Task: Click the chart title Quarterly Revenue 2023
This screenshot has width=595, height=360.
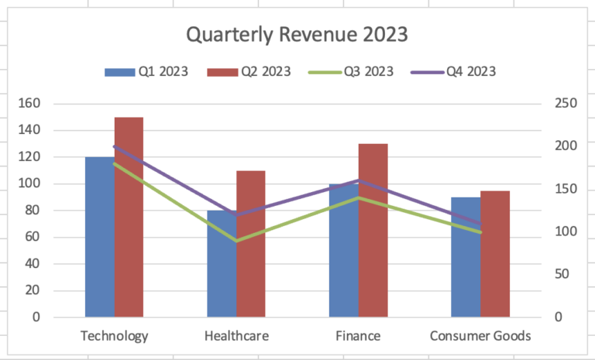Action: click(297, 35)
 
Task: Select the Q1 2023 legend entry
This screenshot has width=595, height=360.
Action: click(146, 72)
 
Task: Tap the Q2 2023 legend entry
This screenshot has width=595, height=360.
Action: click(249, 72)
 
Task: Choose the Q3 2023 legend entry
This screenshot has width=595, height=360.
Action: click(351, 72)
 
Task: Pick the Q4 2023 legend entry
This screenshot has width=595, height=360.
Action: click(453, 72)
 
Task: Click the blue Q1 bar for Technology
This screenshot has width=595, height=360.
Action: click(100, 237)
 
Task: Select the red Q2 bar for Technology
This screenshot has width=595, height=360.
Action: click(129, 217)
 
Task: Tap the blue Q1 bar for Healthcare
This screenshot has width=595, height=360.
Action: click(222, 264)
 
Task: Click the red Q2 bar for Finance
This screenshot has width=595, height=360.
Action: click(373, 230)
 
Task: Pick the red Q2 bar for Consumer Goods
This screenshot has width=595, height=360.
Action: click(495, 254)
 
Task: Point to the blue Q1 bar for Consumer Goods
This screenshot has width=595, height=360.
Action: click(466, 257)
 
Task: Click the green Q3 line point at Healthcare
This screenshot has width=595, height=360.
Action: click(236, 241)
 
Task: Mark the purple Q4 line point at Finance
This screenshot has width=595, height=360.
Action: click(359, 180)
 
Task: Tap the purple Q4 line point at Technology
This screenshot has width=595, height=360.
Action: click(115, 146)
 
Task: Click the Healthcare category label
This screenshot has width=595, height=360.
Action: click(236, 336)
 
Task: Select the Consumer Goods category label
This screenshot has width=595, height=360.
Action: click(480, 336)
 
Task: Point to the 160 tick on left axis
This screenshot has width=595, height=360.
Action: click(29, 103)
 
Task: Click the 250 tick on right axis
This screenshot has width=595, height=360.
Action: click(566, 103)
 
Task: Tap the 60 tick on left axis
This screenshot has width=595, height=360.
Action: click(33, 237)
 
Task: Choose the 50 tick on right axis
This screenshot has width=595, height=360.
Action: click(562, 274)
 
